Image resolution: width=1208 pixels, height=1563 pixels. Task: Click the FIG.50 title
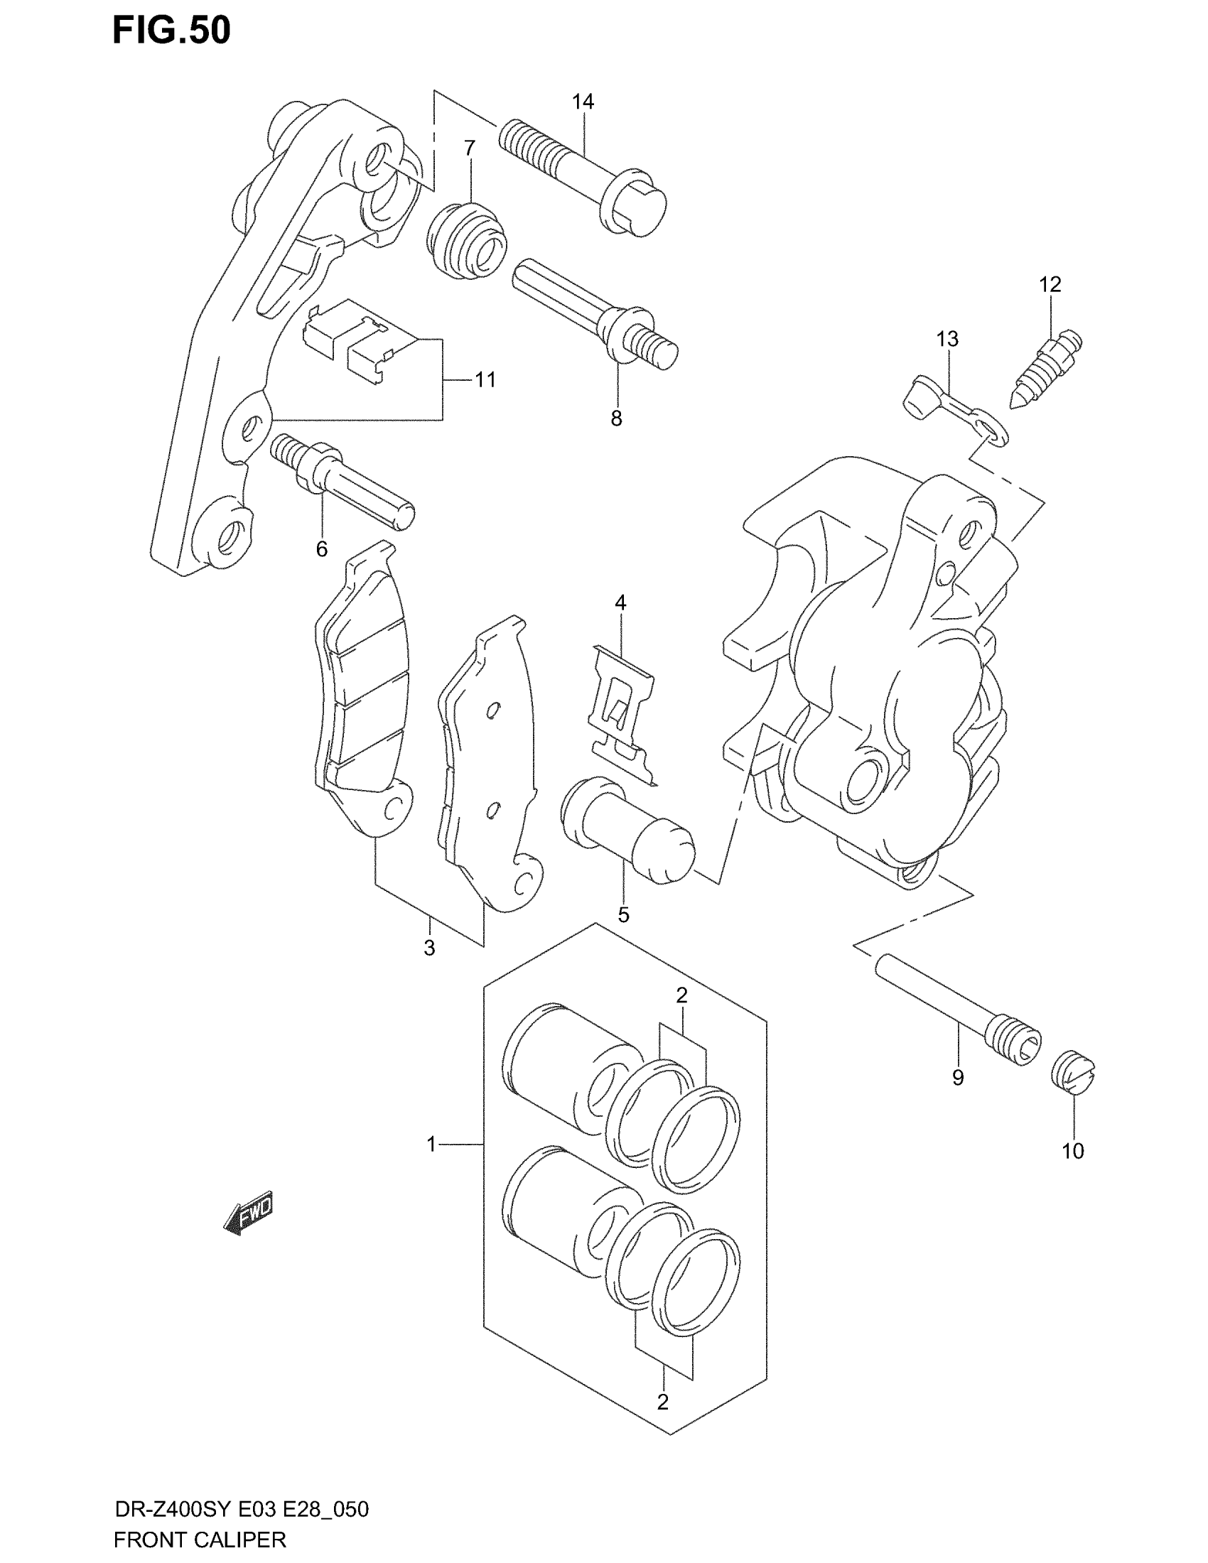coord(172,31)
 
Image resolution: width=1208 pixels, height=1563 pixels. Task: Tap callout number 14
coord(583,102)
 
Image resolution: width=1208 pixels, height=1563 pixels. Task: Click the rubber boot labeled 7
coord(468,238)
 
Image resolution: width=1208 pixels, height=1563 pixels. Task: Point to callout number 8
coord(616,418)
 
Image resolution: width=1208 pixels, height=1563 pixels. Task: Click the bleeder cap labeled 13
coord(951,413)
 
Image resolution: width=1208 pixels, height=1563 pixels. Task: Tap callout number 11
coord(485,379)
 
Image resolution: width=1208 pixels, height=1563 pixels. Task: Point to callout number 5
coord(623,914)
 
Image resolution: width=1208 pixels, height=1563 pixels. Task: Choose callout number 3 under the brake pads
coord(428,948)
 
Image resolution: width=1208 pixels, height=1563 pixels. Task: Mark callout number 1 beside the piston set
coord(431,1145)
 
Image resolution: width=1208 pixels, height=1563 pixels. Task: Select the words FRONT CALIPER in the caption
coord(200,1539)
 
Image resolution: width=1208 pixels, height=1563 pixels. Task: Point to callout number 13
coord(947,338)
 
